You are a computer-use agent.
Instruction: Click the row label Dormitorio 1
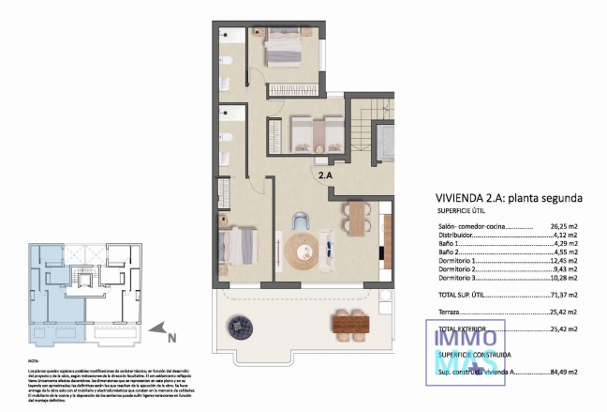(460, 260)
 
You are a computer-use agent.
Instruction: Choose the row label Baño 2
(450, 252)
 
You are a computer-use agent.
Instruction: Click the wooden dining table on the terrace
(349, 324)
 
